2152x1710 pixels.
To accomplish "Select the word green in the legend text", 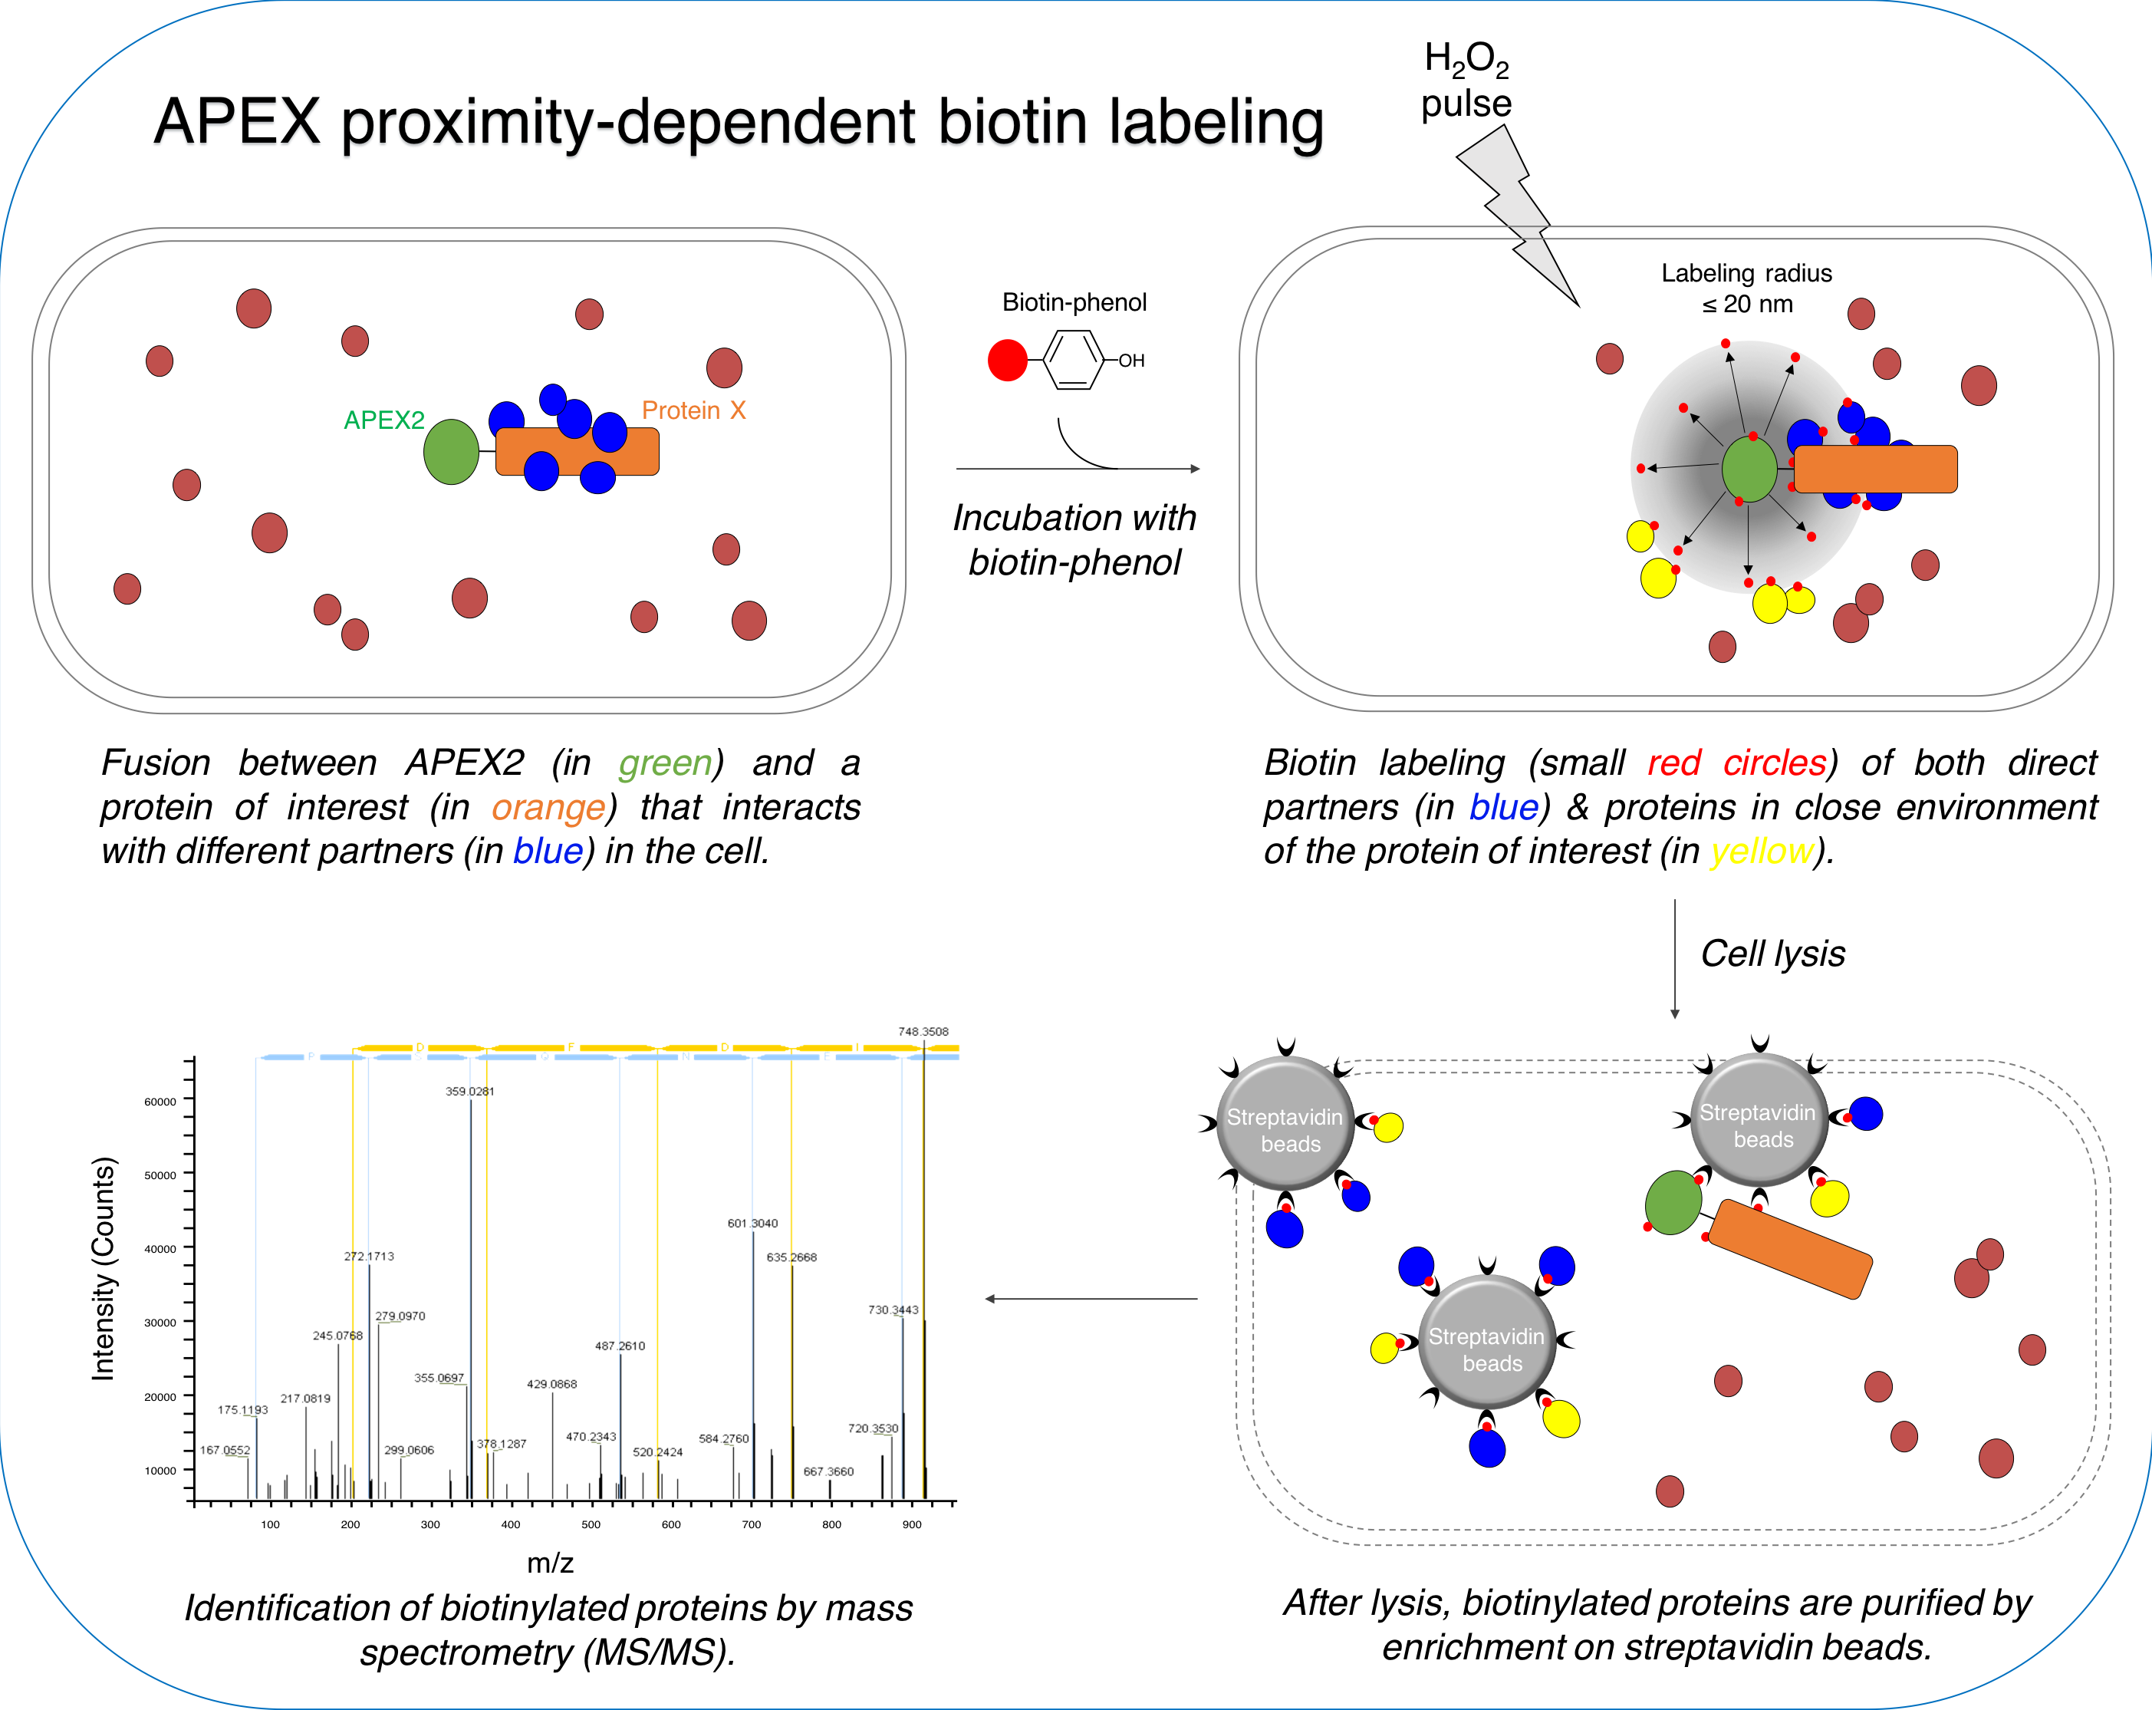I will point(666,763).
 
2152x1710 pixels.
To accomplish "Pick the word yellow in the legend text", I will point(1762,851).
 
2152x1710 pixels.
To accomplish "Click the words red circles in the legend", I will point(1739,763).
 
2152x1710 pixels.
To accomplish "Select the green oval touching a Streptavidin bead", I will point(1673,1203).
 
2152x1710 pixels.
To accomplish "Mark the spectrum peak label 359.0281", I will point(469,1091).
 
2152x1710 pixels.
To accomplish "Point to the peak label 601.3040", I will point(752,1223).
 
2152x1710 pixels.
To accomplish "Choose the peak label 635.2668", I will point(791,1257).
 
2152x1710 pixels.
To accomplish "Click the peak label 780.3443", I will point(893,1309).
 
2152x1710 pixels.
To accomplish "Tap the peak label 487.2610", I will point(620,1346).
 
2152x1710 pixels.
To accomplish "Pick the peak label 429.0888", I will point(552,1383).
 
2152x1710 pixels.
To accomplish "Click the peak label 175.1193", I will point(242,1409).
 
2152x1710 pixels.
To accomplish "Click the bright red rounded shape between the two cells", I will point(1007,374).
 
